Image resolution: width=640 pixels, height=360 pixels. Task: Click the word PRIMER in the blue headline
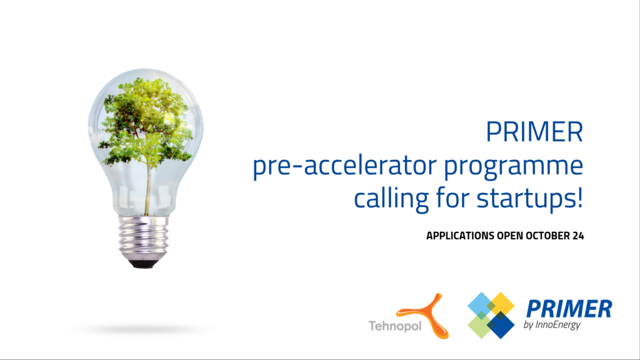pyautogui.click(x=534, y=132)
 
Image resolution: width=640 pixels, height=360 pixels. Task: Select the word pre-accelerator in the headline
pyautogui.click(x=345, y=166)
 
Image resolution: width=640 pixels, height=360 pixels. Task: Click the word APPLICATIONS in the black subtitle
pyautogui.click(x=461, y=236)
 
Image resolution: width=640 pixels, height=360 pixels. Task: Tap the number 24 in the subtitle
pyautogui.click(x=578, y=236)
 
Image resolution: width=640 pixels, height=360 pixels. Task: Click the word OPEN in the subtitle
pyautogui.click(x=510, y=236)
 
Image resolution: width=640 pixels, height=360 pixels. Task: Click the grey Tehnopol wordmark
pyautogui.click(x=395, y=326)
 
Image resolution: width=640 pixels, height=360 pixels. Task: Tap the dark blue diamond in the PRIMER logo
pyautogui.click(x=501, y=325)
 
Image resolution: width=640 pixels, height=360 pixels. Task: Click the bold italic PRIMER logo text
pyautogui.click(x=569, y=309)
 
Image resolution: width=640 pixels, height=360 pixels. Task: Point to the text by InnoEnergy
pyautogui.click(x=552, y=325)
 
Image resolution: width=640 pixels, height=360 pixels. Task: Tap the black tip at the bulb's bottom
pyautogui.click(x=144, y=264)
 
